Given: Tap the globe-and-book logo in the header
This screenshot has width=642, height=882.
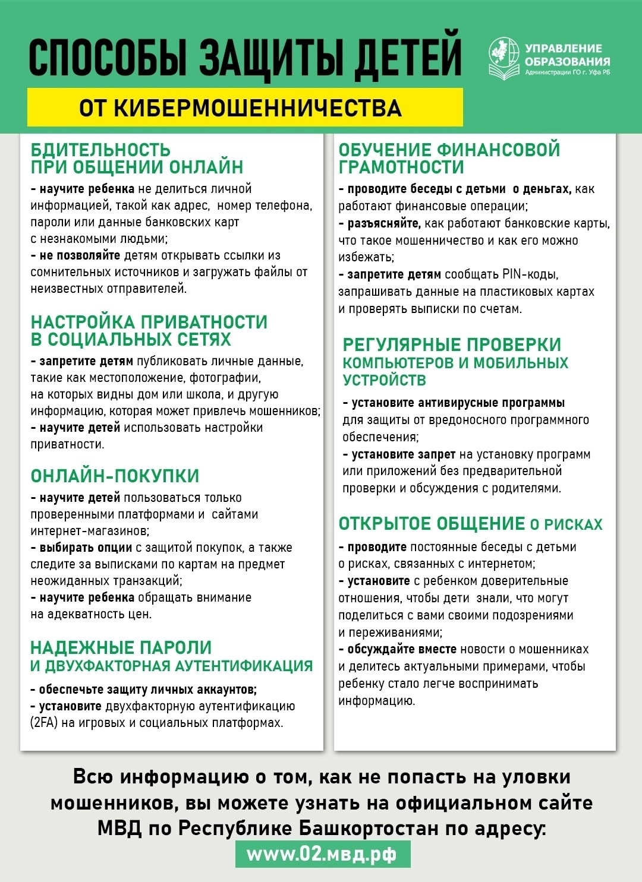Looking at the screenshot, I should click(503, 58).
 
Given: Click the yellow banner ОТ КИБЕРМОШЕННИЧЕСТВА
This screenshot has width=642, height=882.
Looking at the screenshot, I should click(244, 108).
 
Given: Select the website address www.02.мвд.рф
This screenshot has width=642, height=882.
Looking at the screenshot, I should click(322, 853).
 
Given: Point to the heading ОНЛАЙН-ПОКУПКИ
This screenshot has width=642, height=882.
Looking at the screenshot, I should click(115, 476).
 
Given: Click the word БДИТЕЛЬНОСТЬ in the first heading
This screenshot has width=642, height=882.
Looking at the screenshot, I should click(100, 150).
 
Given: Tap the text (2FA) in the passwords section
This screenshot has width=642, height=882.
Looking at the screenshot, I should click(43, 723).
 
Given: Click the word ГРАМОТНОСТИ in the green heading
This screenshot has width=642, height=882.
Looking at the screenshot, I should click(401, 167).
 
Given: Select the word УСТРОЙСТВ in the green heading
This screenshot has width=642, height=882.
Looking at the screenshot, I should click(384, 380).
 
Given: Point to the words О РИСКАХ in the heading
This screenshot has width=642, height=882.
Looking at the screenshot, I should click(566, 524).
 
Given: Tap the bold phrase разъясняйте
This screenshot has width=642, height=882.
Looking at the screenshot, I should click(383, 223).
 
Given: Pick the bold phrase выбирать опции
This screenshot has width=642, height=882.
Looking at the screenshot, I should click(86, 548).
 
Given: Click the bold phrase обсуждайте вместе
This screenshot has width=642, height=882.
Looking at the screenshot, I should click(402, 649).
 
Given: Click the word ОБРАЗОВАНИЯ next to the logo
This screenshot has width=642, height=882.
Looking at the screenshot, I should click(567, 61).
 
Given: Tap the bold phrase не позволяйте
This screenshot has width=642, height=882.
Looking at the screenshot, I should click(80, 255).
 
